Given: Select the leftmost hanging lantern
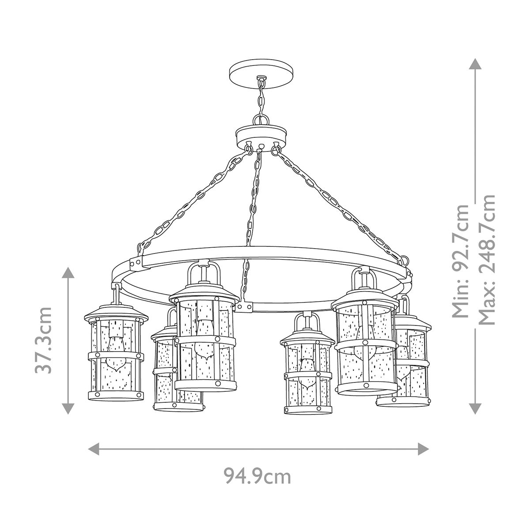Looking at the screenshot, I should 116,349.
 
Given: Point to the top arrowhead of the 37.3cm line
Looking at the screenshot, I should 68,272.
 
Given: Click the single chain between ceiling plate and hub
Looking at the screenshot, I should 261,99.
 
